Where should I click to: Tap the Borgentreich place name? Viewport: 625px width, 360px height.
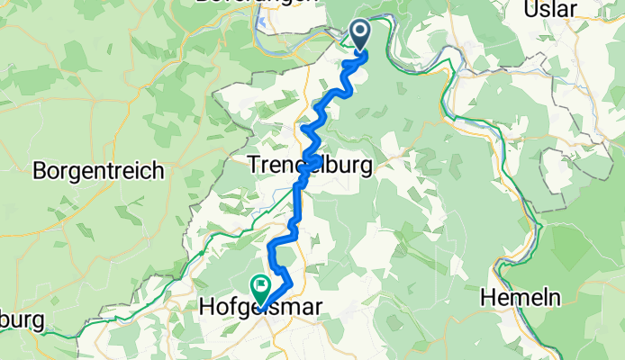tap(98, 169)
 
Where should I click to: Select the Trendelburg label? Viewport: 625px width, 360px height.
tap(311, 166)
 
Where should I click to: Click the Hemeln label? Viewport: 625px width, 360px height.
tap(527, 297)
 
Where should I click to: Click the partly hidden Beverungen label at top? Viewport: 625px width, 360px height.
tap(270, 4)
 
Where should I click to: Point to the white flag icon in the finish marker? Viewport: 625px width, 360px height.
tap(261, 286)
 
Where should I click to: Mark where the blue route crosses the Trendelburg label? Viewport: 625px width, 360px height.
tap(311, 164)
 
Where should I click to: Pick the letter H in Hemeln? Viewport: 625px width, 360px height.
tap(491, 297)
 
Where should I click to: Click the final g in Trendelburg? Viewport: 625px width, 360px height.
tap(367, 167)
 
